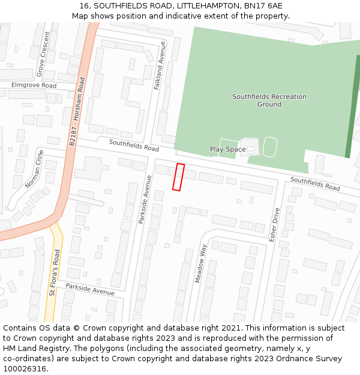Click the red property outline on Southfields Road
click(178, 177)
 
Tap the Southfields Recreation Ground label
click(269, 100)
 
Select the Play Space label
click(227, 149)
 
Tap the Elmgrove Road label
click(34, 86)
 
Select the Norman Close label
click(34, 169)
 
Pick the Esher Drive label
click(275, 224)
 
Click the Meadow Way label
click(200, 263)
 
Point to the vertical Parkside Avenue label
click(144, 200)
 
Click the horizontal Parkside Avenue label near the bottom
click(90, 289)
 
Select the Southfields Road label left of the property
click(134, 145)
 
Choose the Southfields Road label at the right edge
click(315, 184)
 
